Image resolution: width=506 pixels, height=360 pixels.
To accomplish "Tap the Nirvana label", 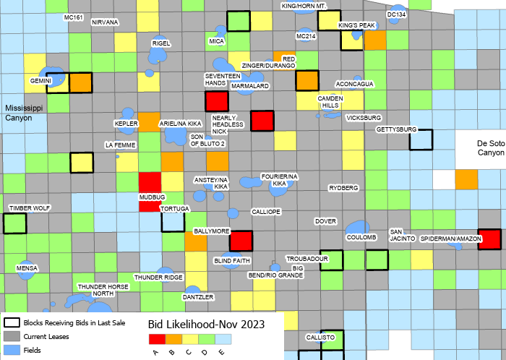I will (105, 22).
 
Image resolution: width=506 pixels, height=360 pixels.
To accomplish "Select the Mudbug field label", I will (153, 196).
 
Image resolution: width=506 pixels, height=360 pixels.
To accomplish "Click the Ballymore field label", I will (211, 231).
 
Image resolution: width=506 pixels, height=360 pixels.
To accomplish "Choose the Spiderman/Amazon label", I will (446, 238).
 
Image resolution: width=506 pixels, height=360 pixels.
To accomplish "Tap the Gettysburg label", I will (397, 129).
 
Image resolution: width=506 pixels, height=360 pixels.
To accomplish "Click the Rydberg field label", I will (343, 188).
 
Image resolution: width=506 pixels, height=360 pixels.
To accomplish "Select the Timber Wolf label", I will (30, 208).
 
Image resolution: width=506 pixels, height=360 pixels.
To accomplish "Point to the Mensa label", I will (27, 268).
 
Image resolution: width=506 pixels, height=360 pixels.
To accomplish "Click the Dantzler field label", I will (198, 297).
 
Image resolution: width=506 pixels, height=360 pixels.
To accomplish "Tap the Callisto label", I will (320, 338).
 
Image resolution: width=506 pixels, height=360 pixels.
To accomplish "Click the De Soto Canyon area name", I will (491, 147).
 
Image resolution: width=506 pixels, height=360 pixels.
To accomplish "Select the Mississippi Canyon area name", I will (24, 113).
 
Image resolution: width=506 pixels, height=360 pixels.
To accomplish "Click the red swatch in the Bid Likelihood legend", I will (157, 338).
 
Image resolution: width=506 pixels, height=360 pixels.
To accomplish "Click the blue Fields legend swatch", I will (12, 351).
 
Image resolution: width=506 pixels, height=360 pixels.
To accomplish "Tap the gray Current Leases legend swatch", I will (12, 337).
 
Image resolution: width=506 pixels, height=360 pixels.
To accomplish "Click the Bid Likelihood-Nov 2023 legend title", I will (206, 323).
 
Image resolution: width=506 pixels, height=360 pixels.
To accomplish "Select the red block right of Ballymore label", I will (241, 241).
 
